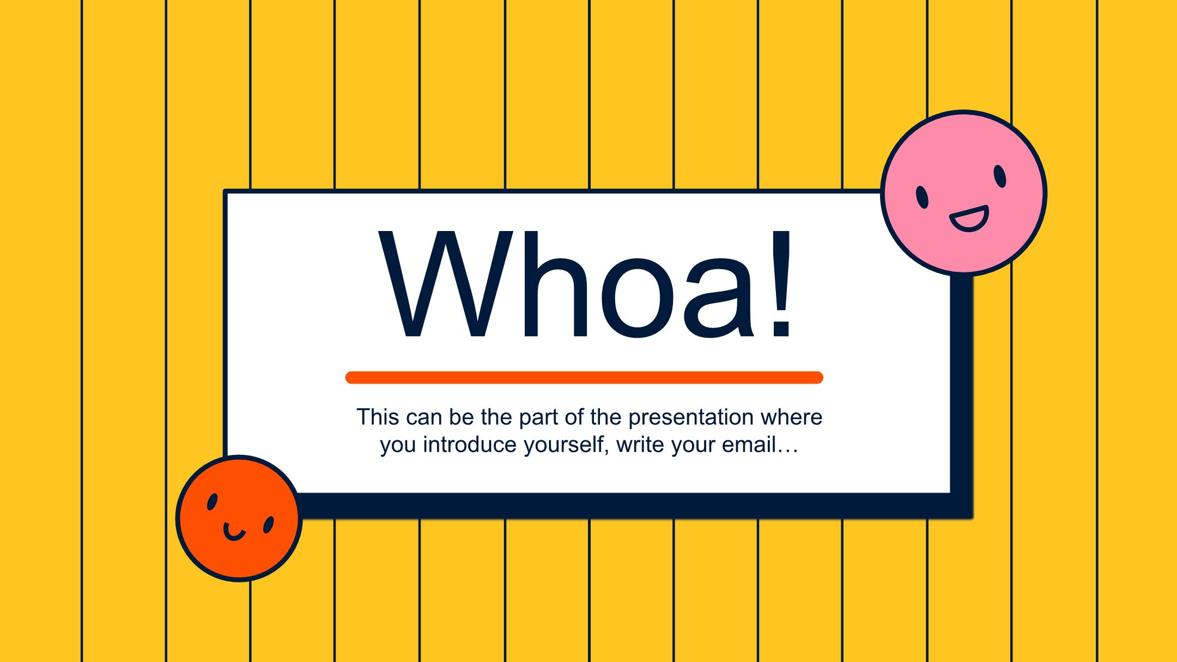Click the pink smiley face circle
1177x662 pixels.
click(x=963, y=193)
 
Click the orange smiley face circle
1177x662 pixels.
click(x=239, y=518)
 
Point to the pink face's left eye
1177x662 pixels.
click(x=922, y=197)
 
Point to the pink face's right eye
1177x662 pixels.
click(x=999, y=177)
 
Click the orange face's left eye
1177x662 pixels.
click(x=213, y=502)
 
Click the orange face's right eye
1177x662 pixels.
click(x=268, y=525)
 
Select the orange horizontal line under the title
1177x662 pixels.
click(x=584, y=378)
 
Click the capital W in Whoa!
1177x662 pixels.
click(x=446, y=283)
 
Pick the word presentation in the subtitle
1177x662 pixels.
click(x=691, y=417)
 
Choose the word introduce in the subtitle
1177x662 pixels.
click(x=470, y=445)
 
